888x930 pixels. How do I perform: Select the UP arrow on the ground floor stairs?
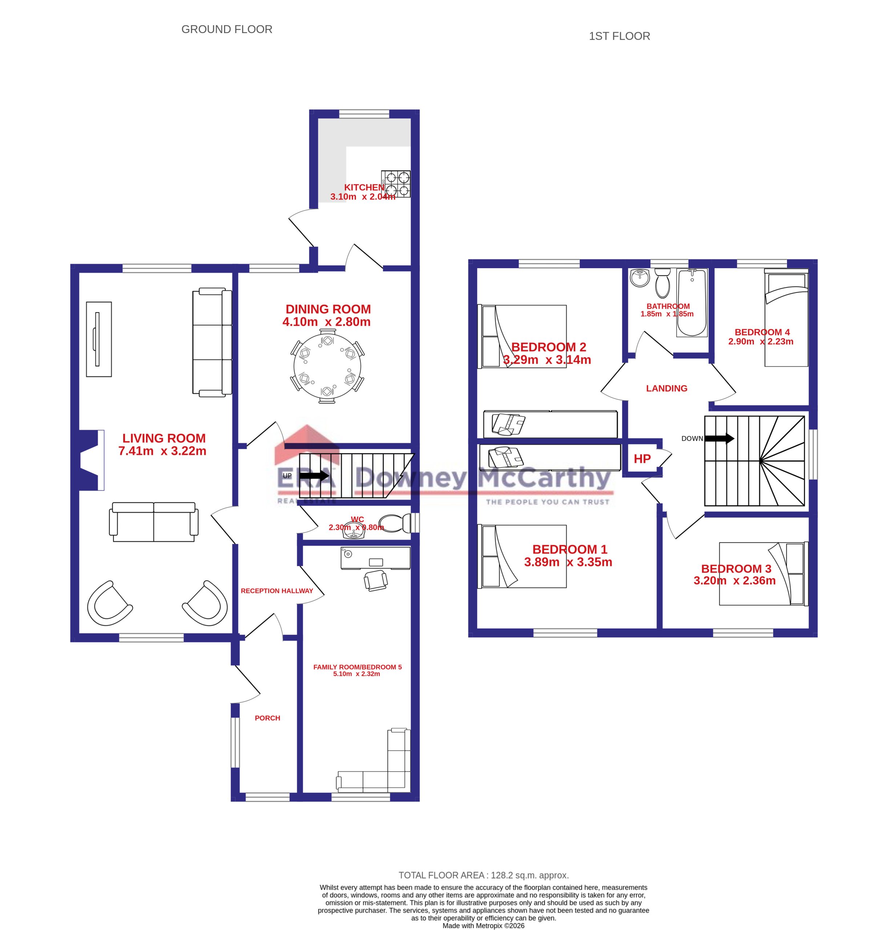point(314,476)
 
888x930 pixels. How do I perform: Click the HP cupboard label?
point(642,458)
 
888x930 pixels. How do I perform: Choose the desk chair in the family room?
point(376,580)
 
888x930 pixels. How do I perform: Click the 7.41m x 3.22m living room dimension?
point(162,451)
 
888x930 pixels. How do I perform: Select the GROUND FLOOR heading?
point(227,29)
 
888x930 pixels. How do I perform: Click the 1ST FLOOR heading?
point(619,36)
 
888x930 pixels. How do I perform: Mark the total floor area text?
point(483,875)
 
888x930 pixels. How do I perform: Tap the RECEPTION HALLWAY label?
point(277,591)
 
